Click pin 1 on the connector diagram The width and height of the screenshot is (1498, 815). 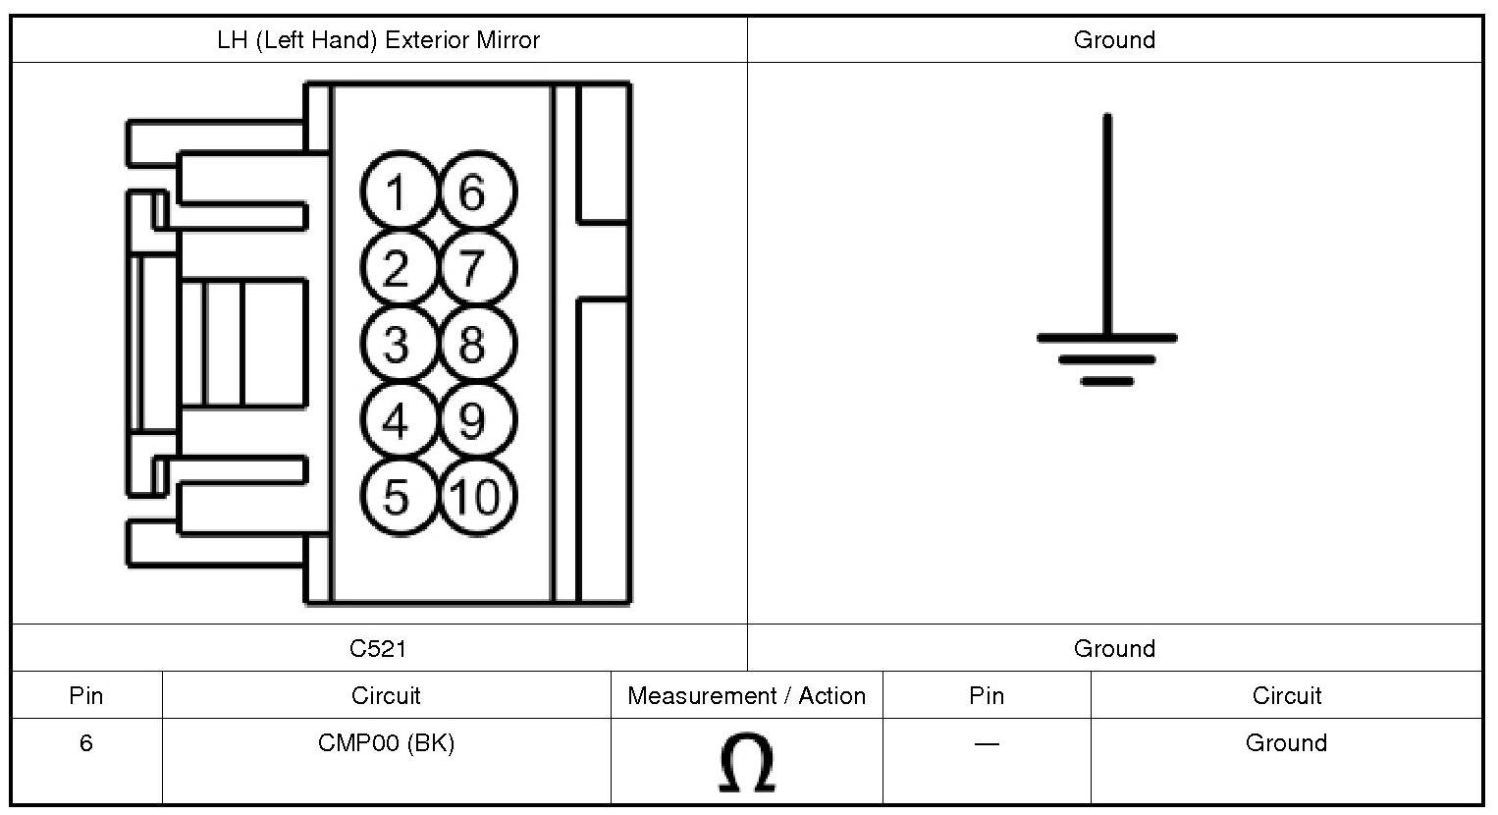point(397,191)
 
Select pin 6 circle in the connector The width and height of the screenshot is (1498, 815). point(474,191)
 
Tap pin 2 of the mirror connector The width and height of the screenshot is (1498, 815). point(397,268)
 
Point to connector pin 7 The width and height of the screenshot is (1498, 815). point(474,268)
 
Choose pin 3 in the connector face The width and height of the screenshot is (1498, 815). point(397,345)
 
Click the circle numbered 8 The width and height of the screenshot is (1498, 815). point(474,345)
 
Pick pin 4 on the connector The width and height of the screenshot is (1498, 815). point(397,421)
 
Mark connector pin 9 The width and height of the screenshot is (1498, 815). point(474,421)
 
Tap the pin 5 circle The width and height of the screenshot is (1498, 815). point(397,497)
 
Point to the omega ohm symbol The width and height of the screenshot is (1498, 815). point(746,764)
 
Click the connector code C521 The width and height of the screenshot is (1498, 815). point(378,648)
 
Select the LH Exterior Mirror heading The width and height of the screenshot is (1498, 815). point(378,40)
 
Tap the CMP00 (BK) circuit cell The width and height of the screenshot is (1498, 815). point(386,743)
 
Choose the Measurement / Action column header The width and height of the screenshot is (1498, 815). point(746,696)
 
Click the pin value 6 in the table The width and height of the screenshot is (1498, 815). point(86,743)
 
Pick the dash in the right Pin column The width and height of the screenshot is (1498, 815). point(987,743)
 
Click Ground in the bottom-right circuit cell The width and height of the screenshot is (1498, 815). point(1286,743)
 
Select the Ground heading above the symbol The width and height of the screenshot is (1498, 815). point(1114,40)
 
